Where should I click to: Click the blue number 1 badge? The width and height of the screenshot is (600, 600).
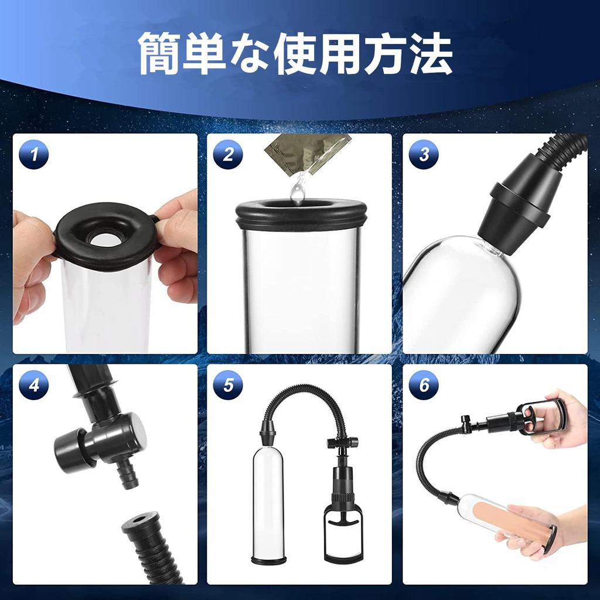(34, 155)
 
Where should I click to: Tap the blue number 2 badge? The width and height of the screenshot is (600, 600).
(228, 155)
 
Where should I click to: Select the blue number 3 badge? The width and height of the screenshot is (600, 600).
(424, 155)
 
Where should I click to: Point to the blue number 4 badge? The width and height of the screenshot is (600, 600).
(34, 385)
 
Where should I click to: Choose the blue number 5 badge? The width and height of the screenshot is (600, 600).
(228, 385)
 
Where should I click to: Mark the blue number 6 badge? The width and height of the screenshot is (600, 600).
(424, 385)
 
